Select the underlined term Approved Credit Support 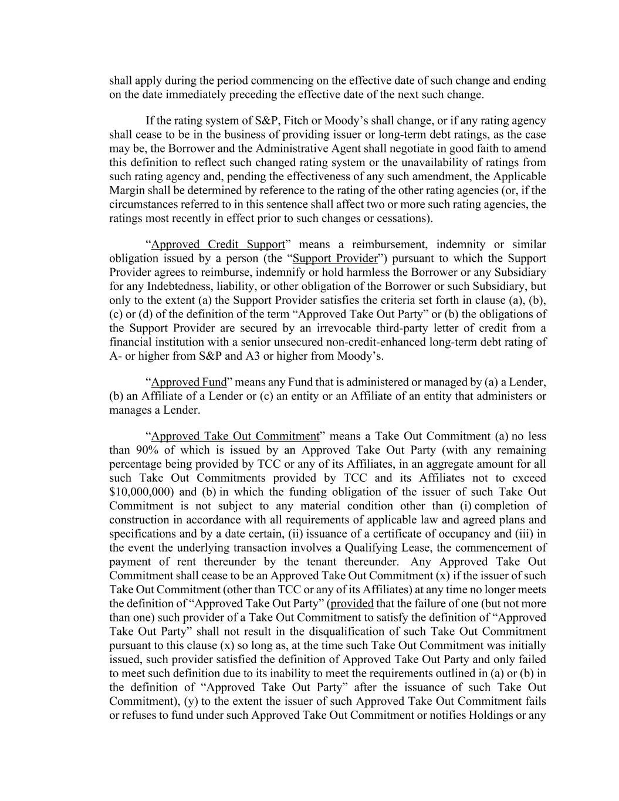[x=218, y=244]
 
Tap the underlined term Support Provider [x=335, y=258]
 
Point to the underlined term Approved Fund [x=189, y=382]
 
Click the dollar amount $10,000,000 [x=140, y=492]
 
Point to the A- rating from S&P [x=116, y=356]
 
